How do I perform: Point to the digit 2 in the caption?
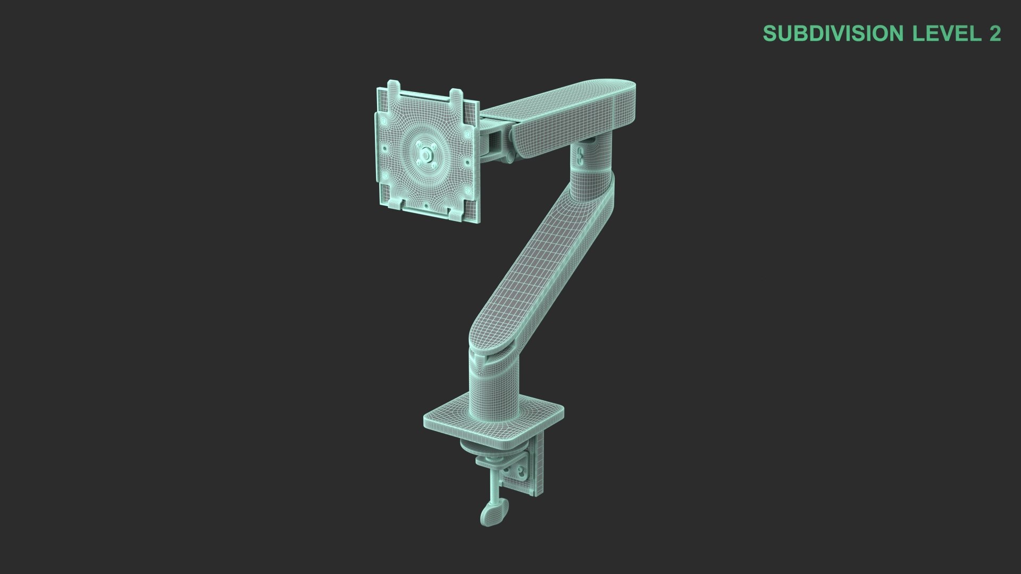pos(995,33)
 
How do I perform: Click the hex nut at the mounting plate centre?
pos(425,155)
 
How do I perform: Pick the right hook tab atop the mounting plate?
pos(457,96)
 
